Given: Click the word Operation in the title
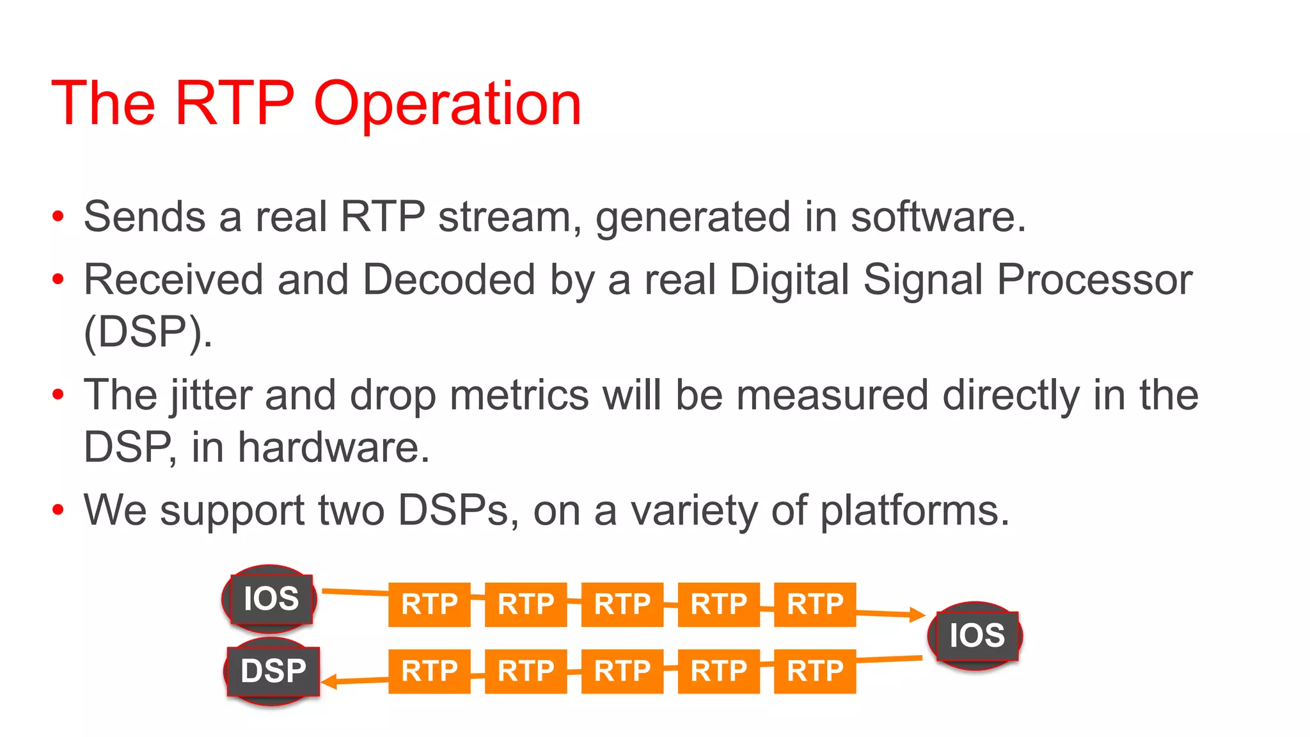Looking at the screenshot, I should tap(447, 104).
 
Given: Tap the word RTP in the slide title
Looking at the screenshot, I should tap(234, 103).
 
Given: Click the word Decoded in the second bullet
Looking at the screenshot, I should tap(448, 280).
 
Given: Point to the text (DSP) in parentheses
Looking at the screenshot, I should tap(148, 332).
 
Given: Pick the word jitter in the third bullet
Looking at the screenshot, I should tap(210, 395).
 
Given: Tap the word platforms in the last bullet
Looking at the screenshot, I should tap(914, 511).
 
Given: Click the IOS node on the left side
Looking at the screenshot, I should tap(271, 599).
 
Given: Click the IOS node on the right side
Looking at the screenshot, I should tap(976, 636).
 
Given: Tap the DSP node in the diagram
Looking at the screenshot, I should tap(273, 671).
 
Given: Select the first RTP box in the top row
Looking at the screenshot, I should tap(429, 605).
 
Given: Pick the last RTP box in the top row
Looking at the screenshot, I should tap(815, 605).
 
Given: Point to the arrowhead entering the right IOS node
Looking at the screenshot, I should tap(917, 615).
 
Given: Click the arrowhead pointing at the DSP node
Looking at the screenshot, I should tap(329, 683).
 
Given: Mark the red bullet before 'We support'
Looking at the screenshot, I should tap(58, 511).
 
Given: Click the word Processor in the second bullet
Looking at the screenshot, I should tap(1094, 280).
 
